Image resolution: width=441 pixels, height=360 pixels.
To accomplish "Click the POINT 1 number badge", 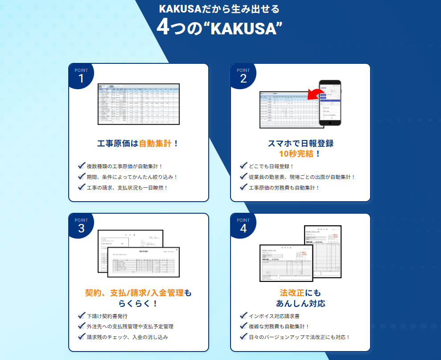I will coord(81,76).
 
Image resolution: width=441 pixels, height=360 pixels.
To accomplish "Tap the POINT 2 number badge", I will coord(243,76).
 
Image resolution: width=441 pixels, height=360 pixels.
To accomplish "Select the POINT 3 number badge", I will coord(81,226).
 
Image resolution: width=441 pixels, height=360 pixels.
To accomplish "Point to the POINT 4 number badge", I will coord(243,226).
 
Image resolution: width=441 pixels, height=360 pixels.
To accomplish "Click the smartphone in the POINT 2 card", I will coord(330,103).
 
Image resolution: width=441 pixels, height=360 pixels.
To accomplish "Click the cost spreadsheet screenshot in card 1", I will coord(139,104).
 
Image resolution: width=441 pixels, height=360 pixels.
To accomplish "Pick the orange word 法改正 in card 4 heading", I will coord(292,293).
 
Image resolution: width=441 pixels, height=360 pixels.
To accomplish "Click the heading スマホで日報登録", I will coord(301,144).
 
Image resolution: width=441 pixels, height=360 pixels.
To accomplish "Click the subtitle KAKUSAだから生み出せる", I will coord(220,9).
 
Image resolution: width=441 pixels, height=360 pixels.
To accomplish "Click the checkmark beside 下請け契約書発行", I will coord(82,316).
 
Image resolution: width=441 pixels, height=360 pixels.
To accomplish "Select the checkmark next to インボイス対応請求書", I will coord(243,316).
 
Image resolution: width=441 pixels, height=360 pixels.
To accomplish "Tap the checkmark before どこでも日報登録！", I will coord(243,166).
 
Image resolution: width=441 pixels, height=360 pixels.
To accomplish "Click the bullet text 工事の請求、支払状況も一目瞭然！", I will coord(128,188).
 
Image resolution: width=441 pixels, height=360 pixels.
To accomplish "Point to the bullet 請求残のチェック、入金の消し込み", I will coord(128,337).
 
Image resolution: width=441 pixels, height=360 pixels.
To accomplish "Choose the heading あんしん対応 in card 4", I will coord(301,304).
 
